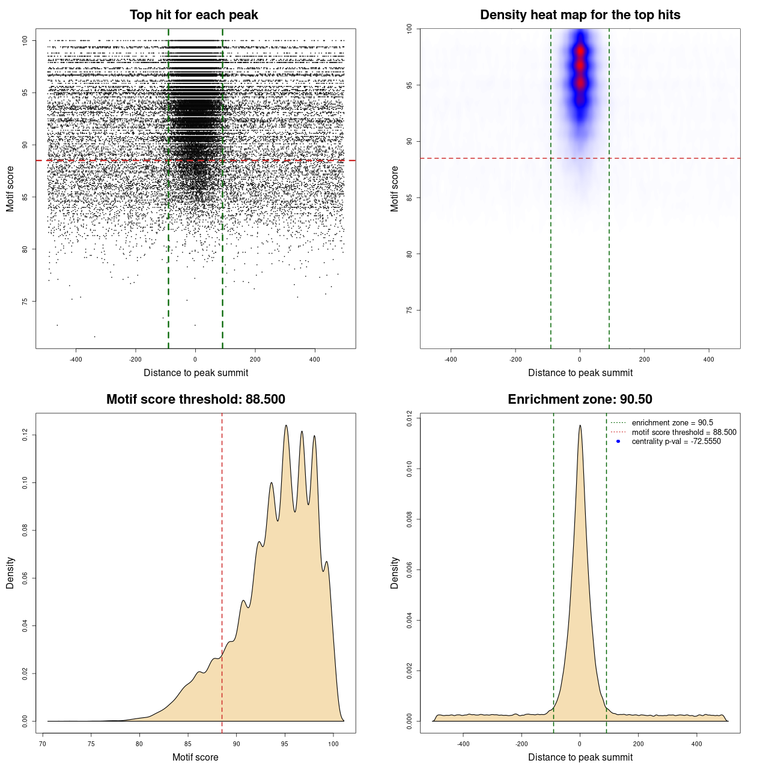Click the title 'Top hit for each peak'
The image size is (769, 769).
(193, 15)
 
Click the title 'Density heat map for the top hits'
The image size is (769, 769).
(580, 15)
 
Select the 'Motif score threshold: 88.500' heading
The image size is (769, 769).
(195, 400)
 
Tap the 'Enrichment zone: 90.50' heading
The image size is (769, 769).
(580, 400)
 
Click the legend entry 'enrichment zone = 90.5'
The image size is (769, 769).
(672, 423)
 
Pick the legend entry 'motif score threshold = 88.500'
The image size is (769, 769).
(684, 433)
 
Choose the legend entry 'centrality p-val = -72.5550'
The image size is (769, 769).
(676, 442)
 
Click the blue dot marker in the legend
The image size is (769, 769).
(618, 442)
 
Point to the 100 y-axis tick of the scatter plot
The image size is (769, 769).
(25, 40)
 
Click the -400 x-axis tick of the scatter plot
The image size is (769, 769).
(76, 360)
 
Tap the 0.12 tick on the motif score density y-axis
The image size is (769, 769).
(25, 435)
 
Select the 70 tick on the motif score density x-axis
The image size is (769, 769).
(43, 744)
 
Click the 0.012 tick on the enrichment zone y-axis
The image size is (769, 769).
(410, 418)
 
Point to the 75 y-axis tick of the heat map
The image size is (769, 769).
(410, 310)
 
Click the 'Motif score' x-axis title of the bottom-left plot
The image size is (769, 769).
(195, 757)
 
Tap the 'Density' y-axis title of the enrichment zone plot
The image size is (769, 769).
(395, 573)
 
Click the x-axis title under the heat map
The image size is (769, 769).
(580, 373)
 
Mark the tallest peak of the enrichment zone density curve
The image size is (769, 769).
(580, 426)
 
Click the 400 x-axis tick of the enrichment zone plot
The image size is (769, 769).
(696, 744)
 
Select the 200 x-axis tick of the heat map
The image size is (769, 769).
(644, 360)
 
